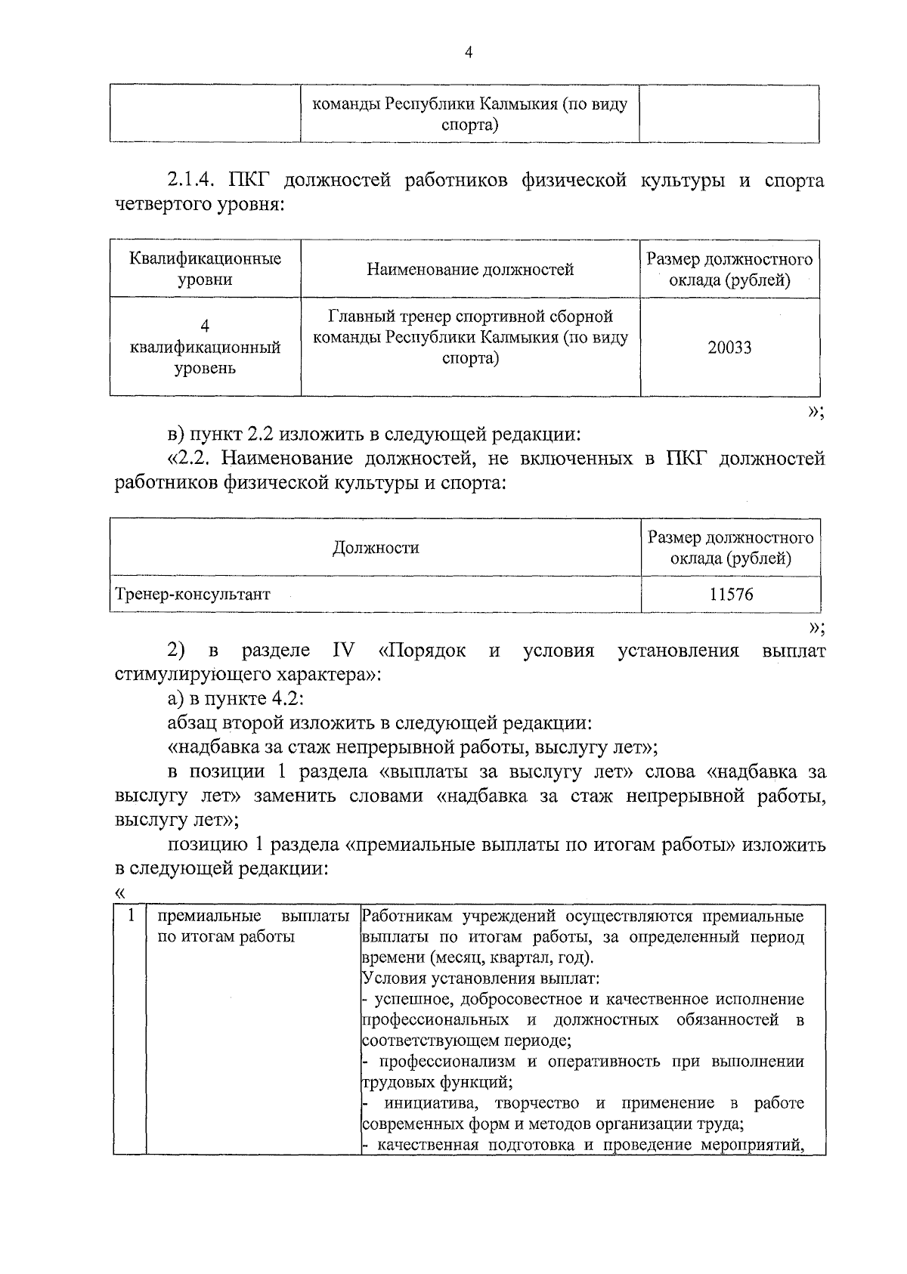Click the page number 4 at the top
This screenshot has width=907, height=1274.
tap(468, 52)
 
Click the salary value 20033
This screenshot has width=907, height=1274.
tap(729, 348)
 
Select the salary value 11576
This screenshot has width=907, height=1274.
tap(731, 595)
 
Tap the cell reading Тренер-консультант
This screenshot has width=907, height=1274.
tap(192, 595)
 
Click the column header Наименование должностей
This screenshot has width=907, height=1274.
tap(470, 270)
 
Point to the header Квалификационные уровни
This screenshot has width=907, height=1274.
tap(205, 269)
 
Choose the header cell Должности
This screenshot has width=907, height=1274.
tap(376, 548)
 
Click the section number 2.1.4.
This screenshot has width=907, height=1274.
tap(192, 181)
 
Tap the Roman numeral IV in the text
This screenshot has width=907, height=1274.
tap(342, 651)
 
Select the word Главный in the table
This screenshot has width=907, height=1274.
tap(361, 316)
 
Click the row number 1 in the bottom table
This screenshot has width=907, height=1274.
tap(131, 916)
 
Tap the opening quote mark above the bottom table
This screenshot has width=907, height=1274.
tap(119, 893)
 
